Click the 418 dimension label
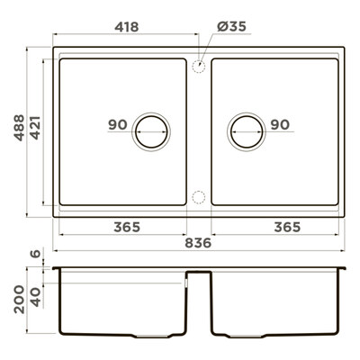(127, 27)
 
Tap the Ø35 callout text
(231, 26)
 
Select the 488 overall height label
(19, 128)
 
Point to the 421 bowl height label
(35, 128)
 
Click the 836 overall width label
(198, 243)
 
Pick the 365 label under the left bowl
(127, 227)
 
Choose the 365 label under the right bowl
(287, 227)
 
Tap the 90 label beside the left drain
(118, 124)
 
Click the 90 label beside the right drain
(280, 124)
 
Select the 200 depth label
(19, 299)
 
